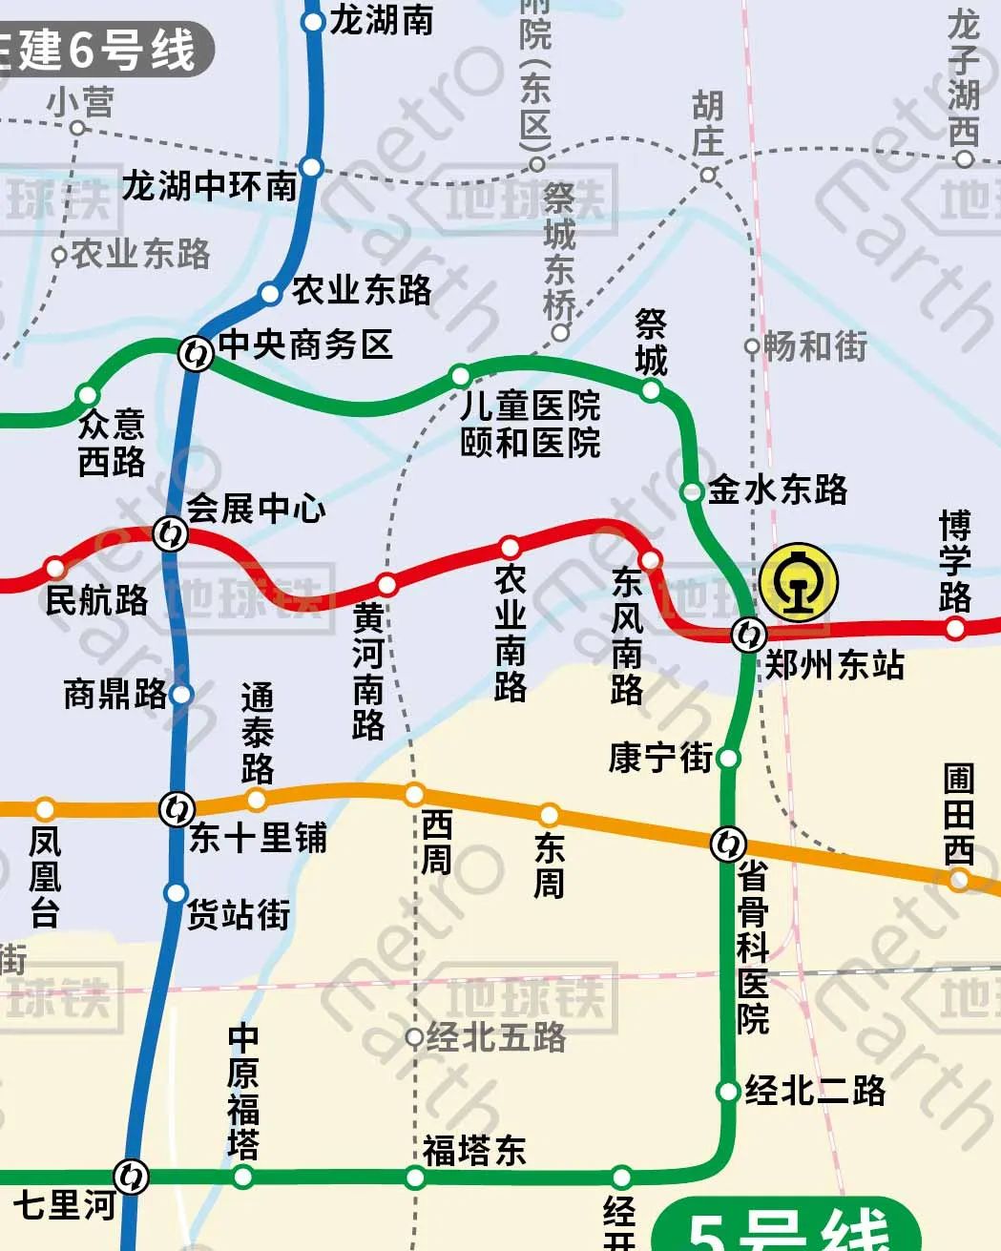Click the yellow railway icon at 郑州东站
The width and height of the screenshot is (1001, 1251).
799,582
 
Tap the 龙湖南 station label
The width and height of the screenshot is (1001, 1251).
382,20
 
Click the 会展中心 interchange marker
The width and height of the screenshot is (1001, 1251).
171,532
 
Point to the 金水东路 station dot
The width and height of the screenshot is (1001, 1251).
692,491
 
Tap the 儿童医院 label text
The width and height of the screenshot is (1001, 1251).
530,406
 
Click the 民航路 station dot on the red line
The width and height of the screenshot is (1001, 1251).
55,569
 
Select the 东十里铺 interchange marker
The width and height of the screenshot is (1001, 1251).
176,808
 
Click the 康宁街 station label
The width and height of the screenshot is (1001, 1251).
660,758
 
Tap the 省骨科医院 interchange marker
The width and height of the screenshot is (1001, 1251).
728,844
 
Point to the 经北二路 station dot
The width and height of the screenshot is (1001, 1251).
728,1091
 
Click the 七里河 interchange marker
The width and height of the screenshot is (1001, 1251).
131,1176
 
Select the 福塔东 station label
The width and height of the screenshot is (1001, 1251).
474,1151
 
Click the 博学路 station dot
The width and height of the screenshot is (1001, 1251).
955,627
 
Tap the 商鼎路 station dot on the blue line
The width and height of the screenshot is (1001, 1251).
181,694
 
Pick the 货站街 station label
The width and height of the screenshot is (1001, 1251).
239,914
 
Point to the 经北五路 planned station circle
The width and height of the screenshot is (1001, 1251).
414,1037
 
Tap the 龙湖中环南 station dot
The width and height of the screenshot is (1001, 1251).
311,167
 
